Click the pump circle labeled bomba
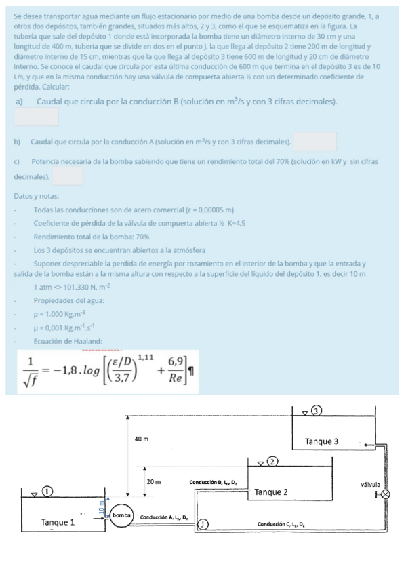(121, 515)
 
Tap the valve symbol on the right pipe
(385, 494)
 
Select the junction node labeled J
(203, 523)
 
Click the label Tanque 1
(58, 522)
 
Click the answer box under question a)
(36, 117)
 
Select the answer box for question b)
(315, 141)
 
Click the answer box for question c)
(67, 176)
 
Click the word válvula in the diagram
(371, 484)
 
